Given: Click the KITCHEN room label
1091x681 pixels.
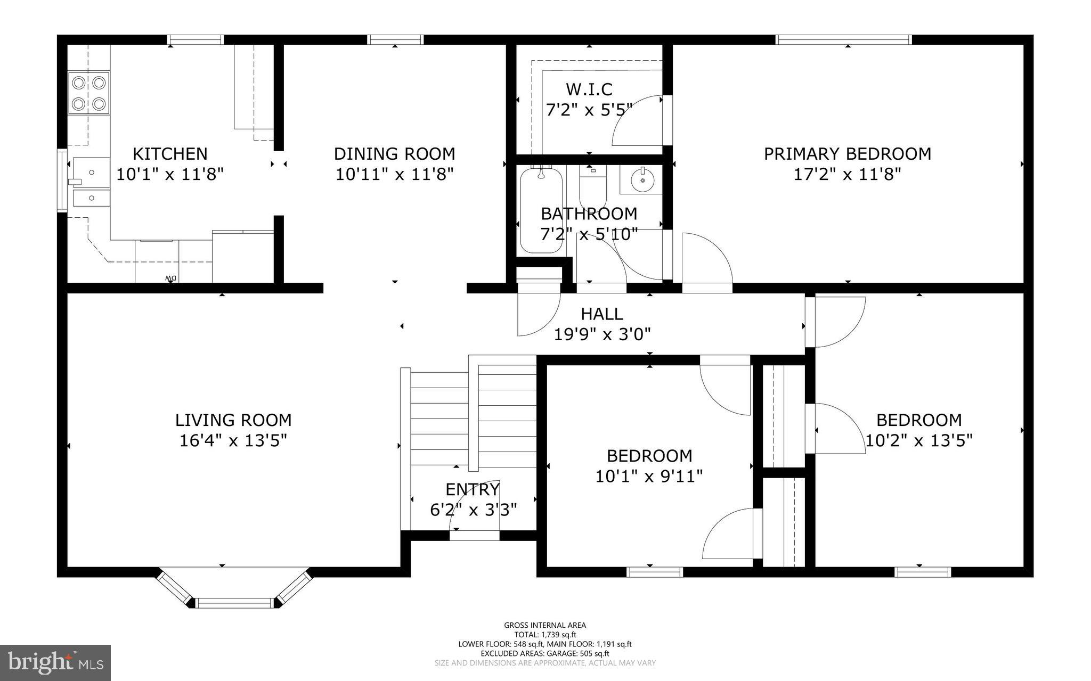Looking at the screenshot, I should click(169, 154).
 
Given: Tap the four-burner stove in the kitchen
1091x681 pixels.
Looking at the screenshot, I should click(89, 94).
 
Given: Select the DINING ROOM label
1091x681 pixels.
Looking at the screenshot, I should click(394, 154).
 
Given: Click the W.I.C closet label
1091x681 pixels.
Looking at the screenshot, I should click(589, 89).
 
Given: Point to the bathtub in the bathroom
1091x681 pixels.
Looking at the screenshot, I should click(541, 210).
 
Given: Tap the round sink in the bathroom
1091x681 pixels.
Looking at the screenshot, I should click(642, 181).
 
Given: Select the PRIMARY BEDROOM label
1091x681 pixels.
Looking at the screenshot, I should click(847, 154).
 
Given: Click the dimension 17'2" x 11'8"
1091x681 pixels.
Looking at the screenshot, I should click(847, 174).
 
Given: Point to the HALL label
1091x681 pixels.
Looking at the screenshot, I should click(602, 314).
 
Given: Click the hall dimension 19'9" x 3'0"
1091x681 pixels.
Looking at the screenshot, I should click(602, 334).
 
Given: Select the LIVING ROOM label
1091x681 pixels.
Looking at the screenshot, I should click(233, 420).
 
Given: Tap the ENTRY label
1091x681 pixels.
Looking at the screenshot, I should click(473, 489).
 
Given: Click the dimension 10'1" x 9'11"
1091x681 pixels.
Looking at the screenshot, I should click(649, 476).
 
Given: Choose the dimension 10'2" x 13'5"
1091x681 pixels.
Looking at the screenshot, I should click(919, 440).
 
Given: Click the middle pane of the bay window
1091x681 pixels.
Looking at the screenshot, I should click(234, 603).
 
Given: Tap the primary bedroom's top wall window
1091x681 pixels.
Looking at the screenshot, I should click(843, 39).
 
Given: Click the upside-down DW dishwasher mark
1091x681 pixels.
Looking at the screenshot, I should click(170, 278).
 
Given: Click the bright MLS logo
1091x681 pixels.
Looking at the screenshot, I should click(55, 663).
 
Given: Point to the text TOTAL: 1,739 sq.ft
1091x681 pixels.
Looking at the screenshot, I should click(545, 635).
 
